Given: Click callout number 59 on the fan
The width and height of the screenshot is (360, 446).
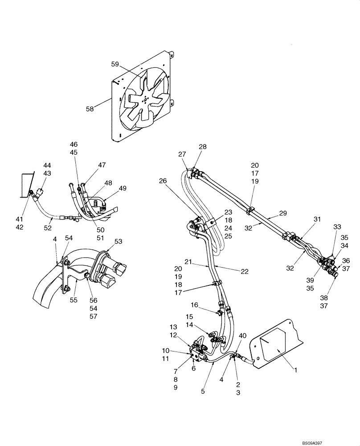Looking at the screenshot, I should [x=115, y=64].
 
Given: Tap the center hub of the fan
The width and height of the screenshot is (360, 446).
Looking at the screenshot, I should [x=144, y=101].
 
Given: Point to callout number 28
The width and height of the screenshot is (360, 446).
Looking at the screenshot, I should [x=203, y=147].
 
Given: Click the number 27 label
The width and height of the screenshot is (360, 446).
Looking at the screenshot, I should [x=182, y=154].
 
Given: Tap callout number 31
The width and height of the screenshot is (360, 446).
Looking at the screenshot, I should [x=317, y=219].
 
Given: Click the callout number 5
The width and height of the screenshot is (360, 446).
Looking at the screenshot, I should [x=203, y=392].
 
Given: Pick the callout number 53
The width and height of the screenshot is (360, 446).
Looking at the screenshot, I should [x=119, y=241].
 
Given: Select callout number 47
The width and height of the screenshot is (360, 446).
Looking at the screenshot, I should [x=102, y=165].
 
